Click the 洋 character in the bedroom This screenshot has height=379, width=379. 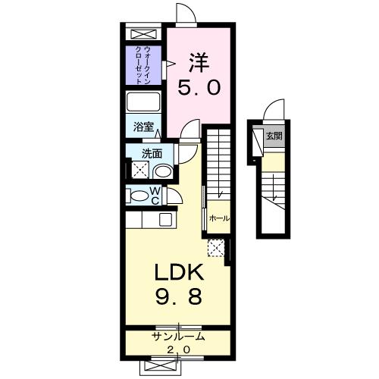coord(199,60)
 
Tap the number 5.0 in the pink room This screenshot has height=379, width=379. coord(199,87)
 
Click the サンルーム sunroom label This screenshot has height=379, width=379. coord(179,337)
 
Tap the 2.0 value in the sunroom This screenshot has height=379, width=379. coord(179,349)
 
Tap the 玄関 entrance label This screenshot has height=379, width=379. coord(274,136)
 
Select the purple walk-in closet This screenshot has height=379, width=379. coord(143,65)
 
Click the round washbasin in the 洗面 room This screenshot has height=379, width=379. coord(162,169)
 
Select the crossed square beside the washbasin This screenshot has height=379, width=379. coord(139,169)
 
